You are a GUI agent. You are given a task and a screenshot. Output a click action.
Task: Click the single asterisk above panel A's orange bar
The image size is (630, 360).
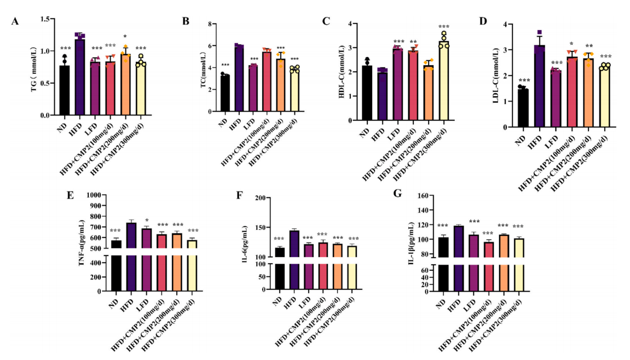[x=125, y=37]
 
